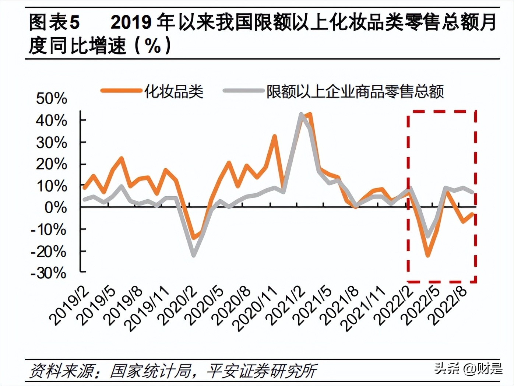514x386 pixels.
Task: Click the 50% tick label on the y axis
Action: pos(52,98)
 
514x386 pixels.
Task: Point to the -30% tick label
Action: pos(49,273)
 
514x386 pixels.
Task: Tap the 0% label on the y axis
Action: pos(56,208)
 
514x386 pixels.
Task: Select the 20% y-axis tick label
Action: pos(52,164)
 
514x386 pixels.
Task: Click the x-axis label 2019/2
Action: pos(70,305)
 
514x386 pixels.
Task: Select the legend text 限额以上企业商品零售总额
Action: pos(355,91)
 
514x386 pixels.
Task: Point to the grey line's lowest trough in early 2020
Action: pos(193,255)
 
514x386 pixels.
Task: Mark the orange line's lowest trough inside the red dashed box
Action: pos(428,255)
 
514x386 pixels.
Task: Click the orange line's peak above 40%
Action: pos(310,115)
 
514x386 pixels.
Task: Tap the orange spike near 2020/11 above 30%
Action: pos(275,136)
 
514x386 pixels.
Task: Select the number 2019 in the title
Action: pos(131,22)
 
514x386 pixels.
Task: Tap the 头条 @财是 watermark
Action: pos(468,368)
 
